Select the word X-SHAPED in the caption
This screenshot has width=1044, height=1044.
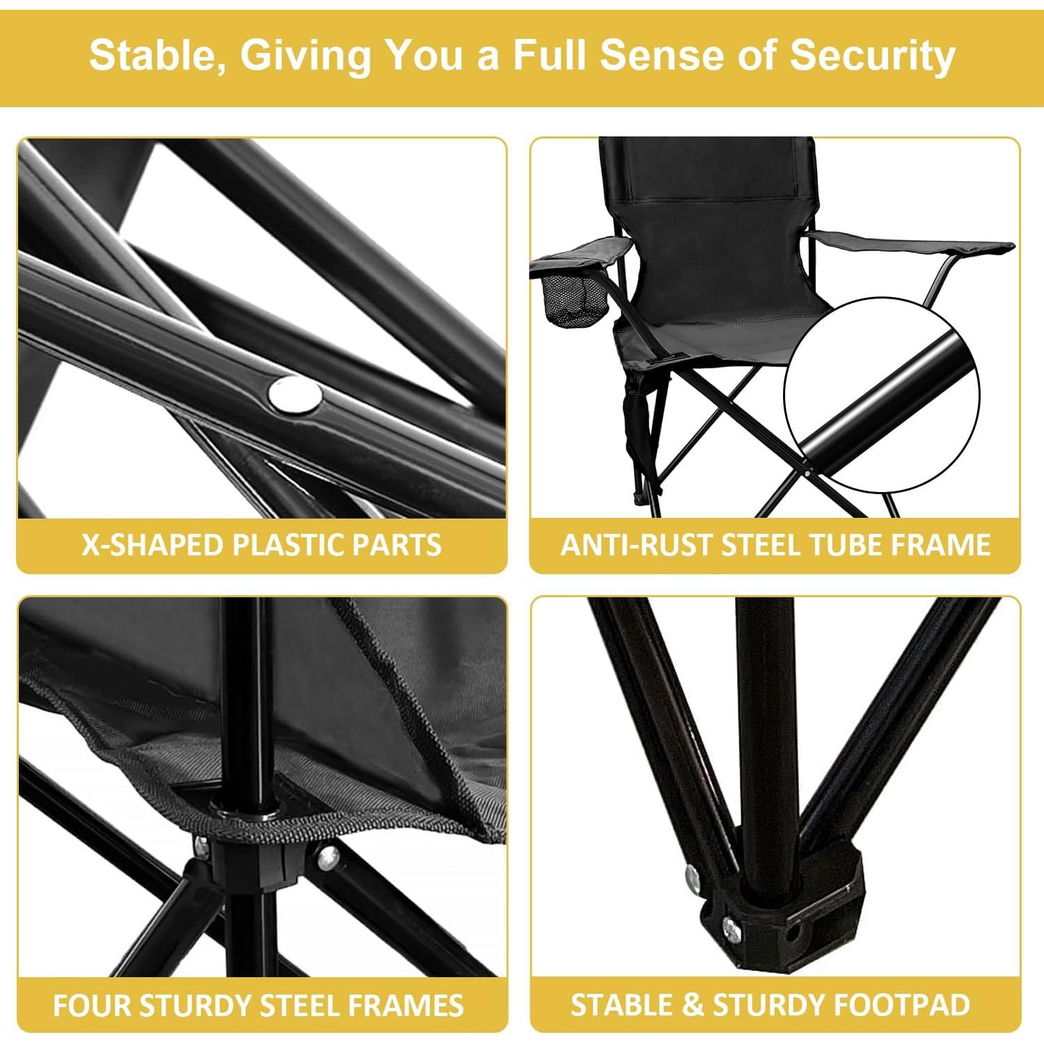(x=152, y=544)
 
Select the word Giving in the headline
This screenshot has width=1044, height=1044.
(x=306, y=56)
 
